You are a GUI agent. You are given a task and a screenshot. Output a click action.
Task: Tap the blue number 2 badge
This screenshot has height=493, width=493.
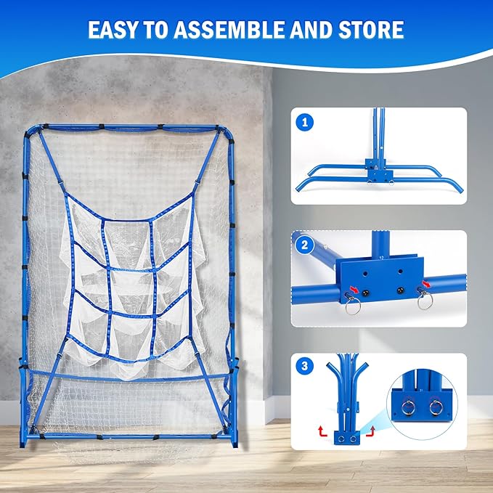(306, 246)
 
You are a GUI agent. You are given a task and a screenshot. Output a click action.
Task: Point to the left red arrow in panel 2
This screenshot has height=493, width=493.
(351, 288)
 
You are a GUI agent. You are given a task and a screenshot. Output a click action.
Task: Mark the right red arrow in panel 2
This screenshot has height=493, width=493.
(423, 286)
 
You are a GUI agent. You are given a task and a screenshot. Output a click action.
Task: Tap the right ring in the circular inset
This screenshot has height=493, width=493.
(436, 407)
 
